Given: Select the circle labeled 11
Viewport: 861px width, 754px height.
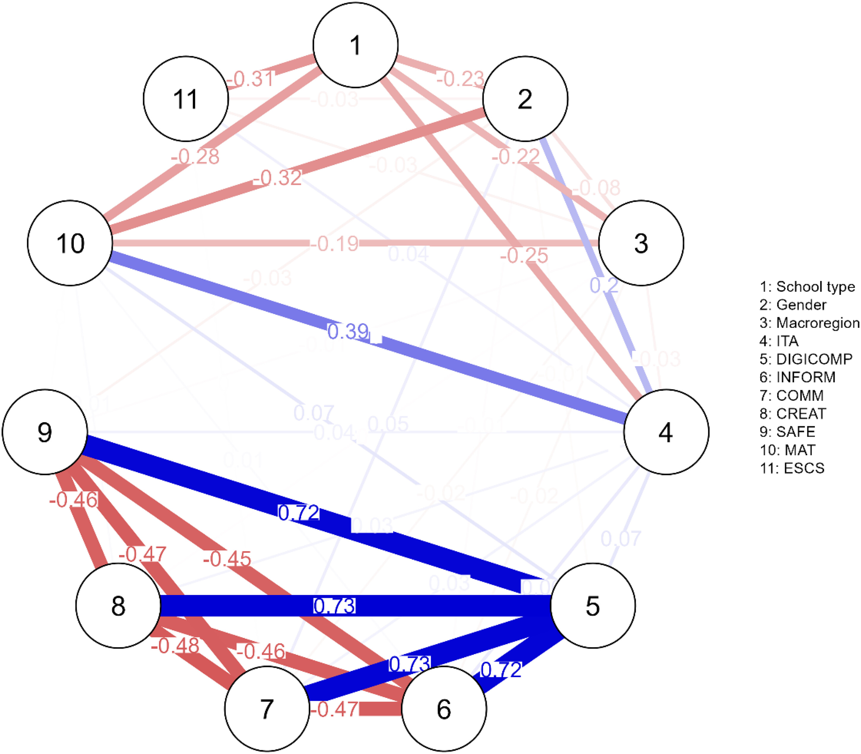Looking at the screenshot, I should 186,99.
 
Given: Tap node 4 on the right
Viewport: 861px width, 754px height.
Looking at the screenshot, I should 666,432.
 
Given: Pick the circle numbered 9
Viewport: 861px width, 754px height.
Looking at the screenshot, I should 45,432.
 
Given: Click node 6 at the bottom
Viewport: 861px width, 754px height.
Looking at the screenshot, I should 444,709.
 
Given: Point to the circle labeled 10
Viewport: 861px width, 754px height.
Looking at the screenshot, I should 70,243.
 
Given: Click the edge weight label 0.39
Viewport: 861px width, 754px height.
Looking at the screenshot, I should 348,331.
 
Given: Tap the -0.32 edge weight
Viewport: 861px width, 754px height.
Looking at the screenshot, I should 278,178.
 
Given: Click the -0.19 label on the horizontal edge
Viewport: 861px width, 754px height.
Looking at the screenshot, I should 334,243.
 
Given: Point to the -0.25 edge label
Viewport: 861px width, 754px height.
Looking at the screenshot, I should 524,255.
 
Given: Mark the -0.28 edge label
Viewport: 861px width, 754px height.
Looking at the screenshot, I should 195,157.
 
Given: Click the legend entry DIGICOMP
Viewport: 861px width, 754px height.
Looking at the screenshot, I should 805,359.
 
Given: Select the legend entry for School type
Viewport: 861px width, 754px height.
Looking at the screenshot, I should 807,287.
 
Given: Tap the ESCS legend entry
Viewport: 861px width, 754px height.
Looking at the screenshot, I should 792,468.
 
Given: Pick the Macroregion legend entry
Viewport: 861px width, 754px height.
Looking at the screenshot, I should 809,323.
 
